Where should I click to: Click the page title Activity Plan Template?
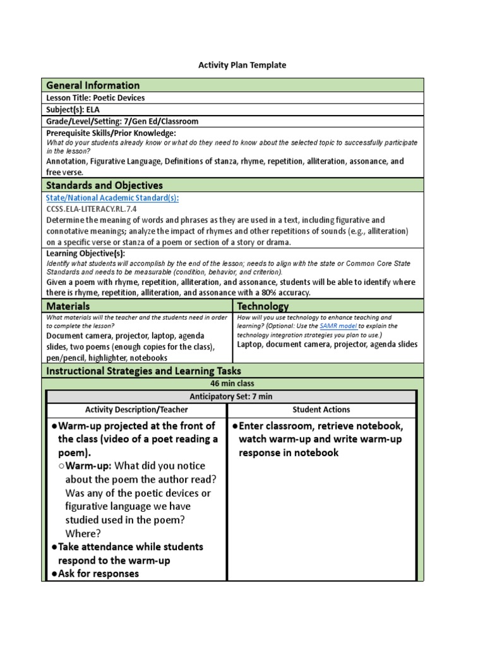[242, 65]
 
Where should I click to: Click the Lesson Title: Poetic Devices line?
[95, 98]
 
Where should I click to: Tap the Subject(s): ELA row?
[73, 109]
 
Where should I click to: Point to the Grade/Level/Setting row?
[122, 121]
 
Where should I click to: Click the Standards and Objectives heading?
[104, 185]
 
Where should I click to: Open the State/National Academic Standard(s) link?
[112, 198]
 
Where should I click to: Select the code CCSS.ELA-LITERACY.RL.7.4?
[91, 209]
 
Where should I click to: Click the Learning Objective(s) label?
[85, 253]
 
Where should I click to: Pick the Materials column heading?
[68, 306]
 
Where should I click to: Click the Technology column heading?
[263, 306]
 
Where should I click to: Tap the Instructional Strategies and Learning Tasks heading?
[143, 371]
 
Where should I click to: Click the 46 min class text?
[232, 384]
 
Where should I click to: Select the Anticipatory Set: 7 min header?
[232, 396]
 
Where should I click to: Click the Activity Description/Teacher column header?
[136, 410]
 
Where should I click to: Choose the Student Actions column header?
[322, 410]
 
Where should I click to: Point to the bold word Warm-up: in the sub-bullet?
[88, 466]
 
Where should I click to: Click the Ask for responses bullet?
[99, 574]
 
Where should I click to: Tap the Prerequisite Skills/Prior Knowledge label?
[111, 133]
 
